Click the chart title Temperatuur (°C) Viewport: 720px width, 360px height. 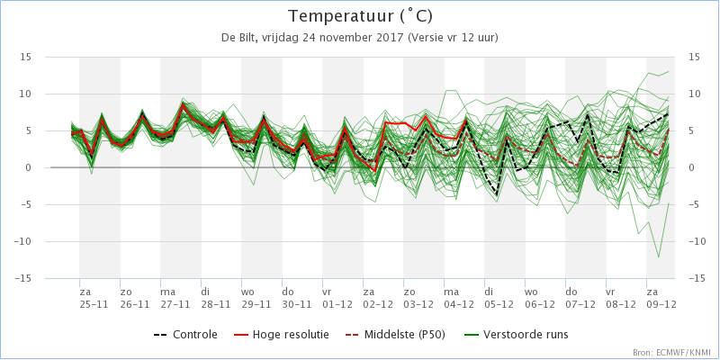click(360, 17)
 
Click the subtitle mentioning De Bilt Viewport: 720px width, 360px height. click(360, 39)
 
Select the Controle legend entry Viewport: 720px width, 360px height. click(185, 335)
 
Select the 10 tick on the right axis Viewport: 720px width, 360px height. click(694, 94)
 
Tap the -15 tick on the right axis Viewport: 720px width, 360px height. click(697, 279)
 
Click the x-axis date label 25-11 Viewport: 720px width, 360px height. click(94, 305)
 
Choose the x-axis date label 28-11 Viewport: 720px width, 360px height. click(215, 305)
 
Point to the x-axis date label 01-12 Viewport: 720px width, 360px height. click(337, 305)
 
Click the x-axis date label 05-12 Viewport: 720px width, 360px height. click(499, 305)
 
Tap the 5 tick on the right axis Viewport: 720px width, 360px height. click(691, 130)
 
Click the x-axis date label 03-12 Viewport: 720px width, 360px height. click(418, 305)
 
